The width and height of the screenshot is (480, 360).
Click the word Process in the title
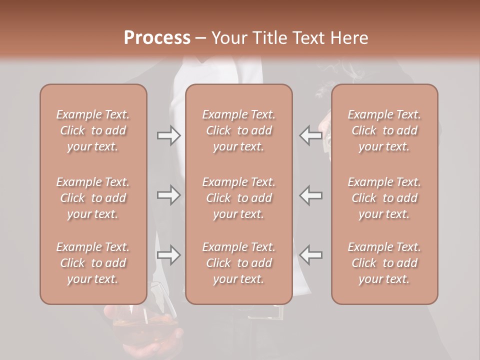(157, 38)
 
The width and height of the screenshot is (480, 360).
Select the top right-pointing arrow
(168, 135)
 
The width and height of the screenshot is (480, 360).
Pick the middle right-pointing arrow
(168, 195)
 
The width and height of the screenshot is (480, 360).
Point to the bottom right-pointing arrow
(168, 255)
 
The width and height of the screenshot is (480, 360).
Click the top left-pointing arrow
(311, 135)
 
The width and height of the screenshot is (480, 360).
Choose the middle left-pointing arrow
(311, 195)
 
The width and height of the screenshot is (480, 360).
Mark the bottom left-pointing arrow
(311, 255)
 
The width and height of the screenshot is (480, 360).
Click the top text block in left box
(93, 130)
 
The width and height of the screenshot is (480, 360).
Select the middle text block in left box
(93, 198)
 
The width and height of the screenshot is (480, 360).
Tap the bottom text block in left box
(93, 263)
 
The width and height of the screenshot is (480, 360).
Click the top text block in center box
(239, 130)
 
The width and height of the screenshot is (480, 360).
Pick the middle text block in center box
(239, 198)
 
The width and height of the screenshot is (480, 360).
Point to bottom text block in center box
(239, 263)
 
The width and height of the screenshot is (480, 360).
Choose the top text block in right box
(384, 130)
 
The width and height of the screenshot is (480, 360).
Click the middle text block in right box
(384, 198)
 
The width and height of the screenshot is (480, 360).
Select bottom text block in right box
(384, 263)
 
